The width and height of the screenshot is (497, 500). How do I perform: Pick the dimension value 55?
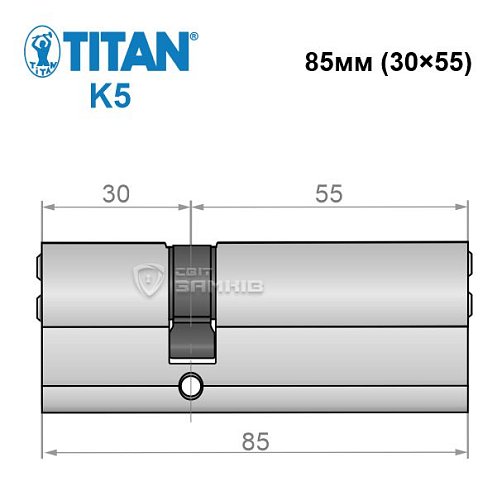pyautogui.click(x=327, y=195)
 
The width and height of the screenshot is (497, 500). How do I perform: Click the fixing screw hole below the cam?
pyautogui.click(x=190, y=385)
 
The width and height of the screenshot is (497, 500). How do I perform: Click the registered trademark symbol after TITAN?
pyautogui.click(x=193, y=37)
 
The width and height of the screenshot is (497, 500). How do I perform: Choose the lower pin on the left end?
pyautogui.click(x=38, y=300)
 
